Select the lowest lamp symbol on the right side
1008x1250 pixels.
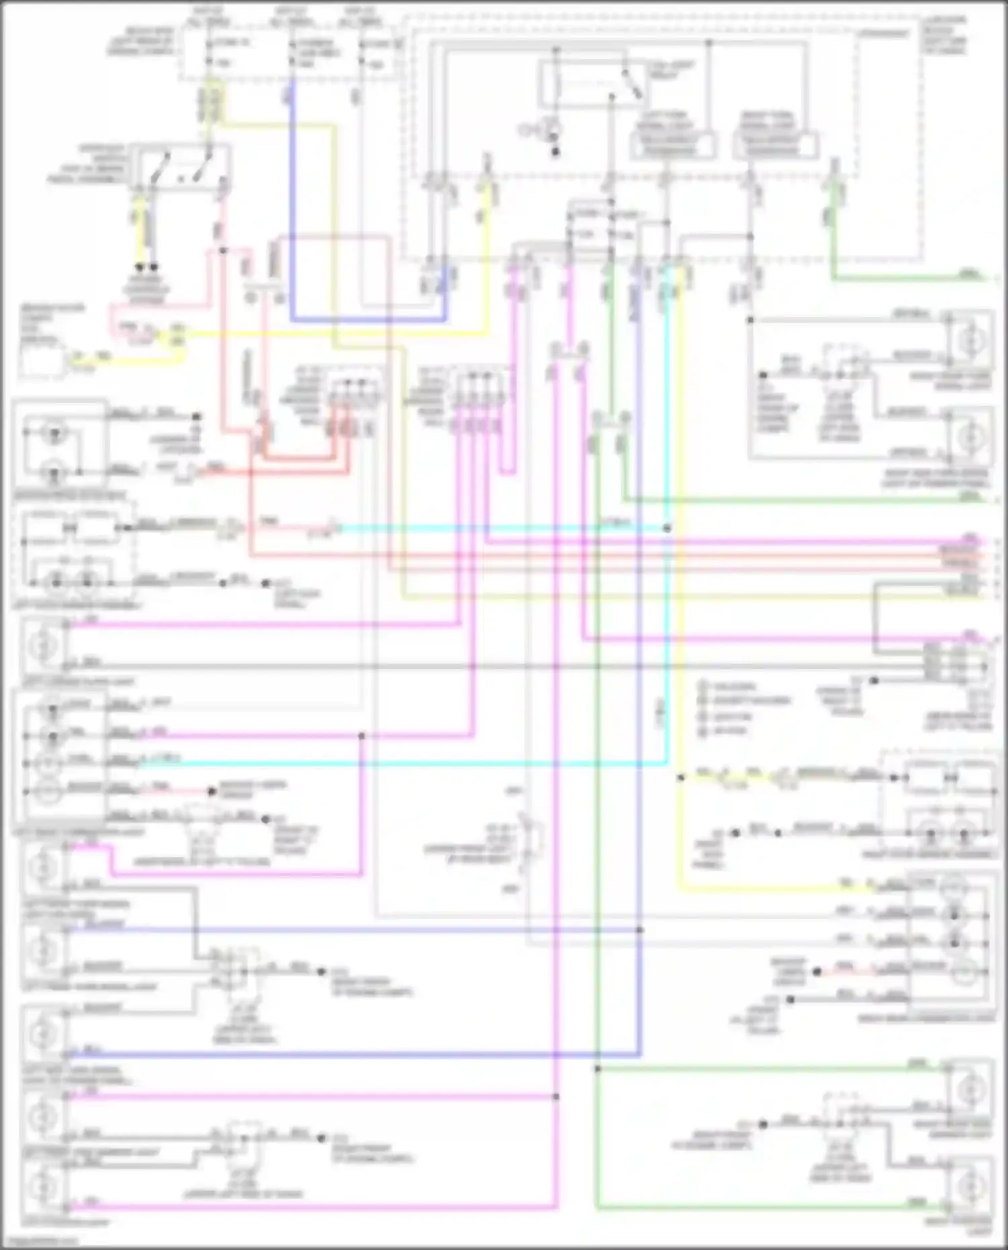(x=970, y=1188)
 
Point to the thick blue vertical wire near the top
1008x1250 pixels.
(x=292, y=202)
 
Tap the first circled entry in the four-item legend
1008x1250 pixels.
(x=703, y=686)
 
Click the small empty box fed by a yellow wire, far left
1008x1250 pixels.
(x=42, y=359)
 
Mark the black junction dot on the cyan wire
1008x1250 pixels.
(x=667, y=529)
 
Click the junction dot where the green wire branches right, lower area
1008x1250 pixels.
(x=597, y=1068)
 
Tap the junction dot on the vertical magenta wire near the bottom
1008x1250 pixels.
(x=556, y=1097)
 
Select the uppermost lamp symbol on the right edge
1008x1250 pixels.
(x=970, y=340)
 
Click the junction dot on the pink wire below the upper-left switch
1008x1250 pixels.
(x=223, y=251)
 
